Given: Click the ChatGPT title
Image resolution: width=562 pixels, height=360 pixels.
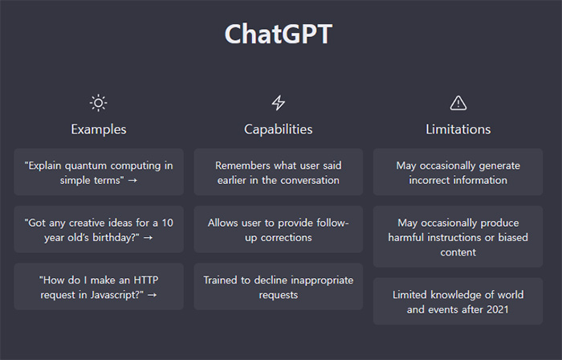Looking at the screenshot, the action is [x=279, y=34].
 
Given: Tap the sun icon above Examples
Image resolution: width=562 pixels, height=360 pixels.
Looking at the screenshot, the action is [x=98, y=103].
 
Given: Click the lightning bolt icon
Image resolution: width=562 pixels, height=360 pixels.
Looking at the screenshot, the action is [x=278, y=103].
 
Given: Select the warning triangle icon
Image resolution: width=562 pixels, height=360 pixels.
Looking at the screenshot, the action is [x=458, y=103].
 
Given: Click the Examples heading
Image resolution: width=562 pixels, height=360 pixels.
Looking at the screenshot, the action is [x=99, y=129].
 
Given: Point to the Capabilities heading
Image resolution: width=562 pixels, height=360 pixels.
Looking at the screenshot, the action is [x=278, y=129].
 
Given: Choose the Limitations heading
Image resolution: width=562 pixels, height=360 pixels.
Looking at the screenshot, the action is [x=458, y=129].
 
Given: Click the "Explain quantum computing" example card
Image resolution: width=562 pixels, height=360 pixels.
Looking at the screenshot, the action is [x=99, y=172].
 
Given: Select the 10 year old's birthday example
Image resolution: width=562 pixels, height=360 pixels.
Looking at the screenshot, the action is [x=99, y=230].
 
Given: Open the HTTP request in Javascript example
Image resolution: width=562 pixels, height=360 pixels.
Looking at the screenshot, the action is [x=99, y=287].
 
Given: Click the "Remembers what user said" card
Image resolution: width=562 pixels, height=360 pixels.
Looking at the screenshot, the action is [x=278, y=172].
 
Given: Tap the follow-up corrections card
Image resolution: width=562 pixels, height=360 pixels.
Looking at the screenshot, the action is [x=278, y=230].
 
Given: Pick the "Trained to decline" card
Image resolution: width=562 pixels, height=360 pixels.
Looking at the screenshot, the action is [x=278, y=287].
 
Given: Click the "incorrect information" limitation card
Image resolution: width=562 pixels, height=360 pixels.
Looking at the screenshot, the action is [x=458, y=172].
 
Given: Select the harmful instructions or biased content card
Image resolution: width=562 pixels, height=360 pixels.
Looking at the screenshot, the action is [x=458, y=237].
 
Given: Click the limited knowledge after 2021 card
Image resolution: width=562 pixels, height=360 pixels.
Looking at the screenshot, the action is [x=458, y=301].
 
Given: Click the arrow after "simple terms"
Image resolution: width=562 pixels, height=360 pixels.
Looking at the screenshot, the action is [x=132, y=180].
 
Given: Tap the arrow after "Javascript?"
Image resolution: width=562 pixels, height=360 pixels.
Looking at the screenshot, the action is [x=152, y=295].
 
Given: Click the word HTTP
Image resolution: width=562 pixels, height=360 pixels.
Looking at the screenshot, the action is [x=146, y=280].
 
